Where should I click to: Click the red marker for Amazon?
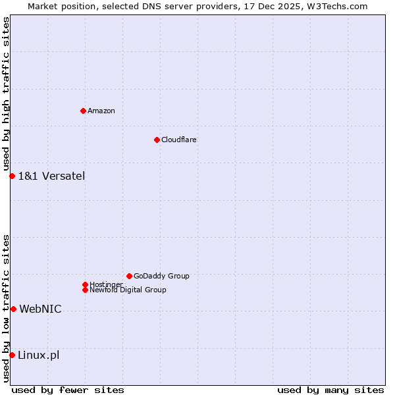(83, 111)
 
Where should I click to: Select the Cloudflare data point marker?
(157, 140)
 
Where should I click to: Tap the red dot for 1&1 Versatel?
(12, 176)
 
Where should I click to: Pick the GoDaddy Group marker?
(129, 276)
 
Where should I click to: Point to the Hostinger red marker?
(85, 284)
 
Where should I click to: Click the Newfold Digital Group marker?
(85, 290)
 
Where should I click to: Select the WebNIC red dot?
(13, 309)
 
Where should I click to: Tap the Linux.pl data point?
(12, 355)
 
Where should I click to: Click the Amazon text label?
(101, 111)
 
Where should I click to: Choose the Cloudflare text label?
(179, 140)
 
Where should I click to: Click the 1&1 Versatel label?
(51, 176)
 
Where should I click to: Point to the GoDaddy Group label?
(161, 276)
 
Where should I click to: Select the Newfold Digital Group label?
(128, 290)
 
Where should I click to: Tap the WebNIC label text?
(40, 309)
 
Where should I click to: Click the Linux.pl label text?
(38, 355)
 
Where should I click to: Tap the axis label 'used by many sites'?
(330, 390)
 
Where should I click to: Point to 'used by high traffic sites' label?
(6, 93)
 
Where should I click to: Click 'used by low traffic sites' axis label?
(6, 308)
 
